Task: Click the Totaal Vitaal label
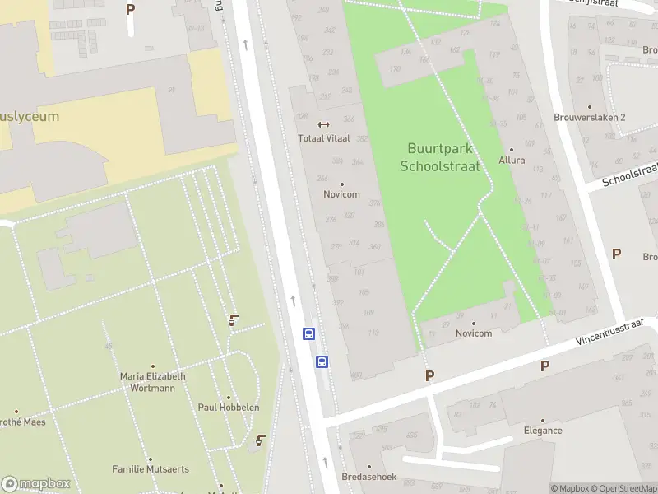(323, 138)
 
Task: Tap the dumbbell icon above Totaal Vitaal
(323, 125)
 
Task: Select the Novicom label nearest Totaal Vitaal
(341, 194)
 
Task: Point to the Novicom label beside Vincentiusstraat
(473, 333)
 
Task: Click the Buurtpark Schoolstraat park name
(439, 156)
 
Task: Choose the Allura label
(512, 160)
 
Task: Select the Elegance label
(543, 430)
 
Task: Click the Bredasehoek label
(369, 477)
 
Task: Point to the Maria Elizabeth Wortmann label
(152, 382)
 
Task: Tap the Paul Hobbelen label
(229, 408)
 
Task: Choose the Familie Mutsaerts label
(151, 469)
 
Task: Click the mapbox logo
(36, 484)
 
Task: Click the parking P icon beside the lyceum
(130, 9)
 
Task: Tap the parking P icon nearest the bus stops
(429, 375)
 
